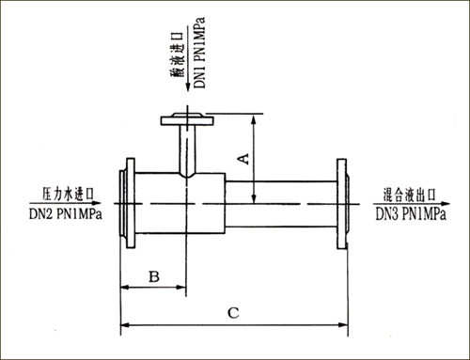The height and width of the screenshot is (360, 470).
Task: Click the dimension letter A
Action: [244, 159]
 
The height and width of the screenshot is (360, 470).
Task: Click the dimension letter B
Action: [154, 276]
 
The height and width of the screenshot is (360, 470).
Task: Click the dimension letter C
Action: [233, 313]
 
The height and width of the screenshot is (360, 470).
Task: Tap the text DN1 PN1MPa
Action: [199, 53]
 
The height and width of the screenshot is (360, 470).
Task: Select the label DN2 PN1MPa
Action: [66, 214]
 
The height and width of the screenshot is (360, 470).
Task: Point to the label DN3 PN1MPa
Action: [411, 214]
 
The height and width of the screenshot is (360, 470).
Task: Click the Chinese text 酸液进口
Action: [177, 55]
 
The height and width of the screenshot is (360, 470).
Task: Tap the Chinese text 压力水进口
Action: [68, 195]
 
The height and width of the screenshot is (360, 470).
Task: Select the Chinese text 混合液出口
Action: [410, 195]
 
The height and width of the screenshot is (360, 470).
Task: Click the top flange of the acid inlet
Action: [187, 119]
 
